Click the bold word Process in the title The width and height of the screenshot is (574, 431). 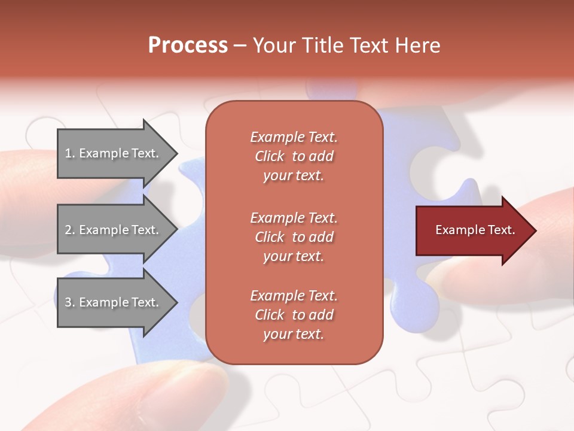tap(188, 45)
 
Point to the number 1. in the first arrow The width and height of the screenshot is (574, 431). tap(69, 153)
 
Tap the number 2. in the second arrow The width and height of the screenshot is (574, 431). tap(69, 230)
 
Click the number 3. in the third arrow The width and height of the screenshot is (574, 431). tap(69, 302)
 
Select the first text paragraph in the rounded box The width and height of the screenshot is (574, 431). tap(294, 156)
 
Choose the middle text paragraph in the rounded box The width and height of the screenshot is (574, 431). tap(294, 237)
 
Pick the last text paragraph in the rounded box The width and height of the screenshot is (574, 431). tap(294, 315)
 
